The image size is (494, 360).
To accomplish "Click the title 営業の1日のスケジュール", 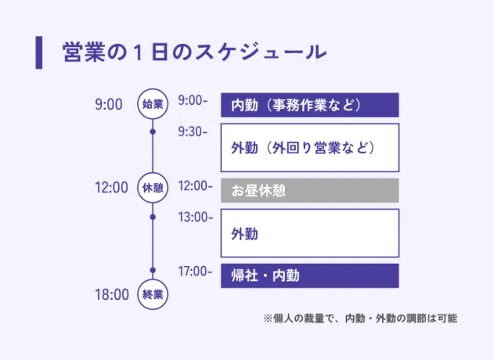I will click(193, 52).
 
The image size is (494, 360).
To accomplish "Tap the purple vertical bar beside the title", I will click(38, 52).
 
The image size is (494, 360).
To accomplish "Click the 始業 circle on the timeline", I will click(153, 104).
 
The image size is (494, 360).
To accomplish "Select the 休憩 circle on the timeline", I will click(153, 188).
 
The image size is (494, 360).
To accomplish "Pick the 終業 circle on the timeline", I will click(153, 294).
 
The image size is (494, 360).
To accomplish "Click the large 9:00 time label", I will click(109, 104).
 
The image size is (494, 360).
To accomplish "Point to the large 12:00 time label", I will click(111, 188).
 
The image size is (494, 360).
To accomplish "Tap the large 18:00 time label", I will click(111, 295).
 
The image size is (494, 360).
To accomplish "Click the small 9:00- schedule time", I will click(193, 101).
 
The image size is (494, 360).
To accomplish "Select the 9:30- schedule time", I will click(193, 131).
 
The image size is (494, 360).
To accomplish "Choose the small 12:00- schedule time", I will click(195, 186).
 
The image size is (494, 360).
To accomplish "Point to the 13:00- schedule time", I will click(195, 217).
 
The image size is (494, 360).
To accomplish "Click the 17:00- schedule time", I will click(195, 272).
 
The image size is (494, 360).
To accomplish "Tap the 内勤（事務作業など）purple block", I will click(309, 105).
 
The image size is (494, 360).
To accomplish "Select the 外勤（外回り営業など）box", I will click(309, 147).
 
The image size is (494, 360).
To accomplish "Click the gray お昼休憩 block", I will click(309, 190).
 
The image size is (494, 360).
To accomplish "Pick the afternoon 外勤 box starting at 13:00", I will click(309, 233).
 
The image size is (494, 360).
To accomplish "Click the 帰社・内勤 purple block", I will click(309, 275).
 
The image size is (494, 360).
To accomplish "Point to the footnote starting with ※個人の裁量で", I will click(360, 319).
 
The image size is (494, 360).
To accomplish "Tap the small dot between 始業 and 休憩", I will click(153, 131).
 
